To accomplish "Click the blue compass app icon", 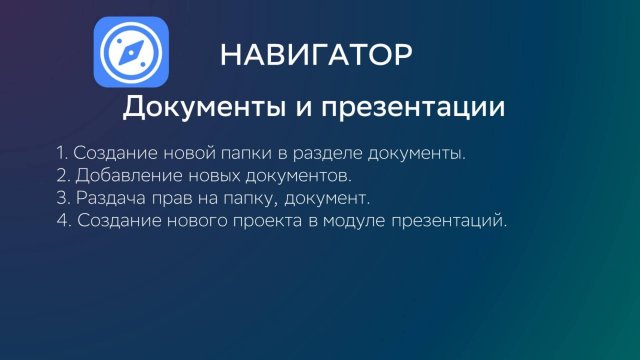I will coord(131,54).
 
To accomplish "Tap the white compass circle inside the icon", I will coord(131,54).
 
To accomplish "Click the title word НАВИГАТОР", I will coord(315,54).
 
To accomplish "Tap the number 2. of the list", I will coord(64,176).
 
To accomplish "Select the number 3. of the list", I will coord(64,198).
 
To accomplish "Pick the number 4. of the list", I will coord(65,220).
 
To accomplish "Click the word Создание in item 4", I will coord(116,220).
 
